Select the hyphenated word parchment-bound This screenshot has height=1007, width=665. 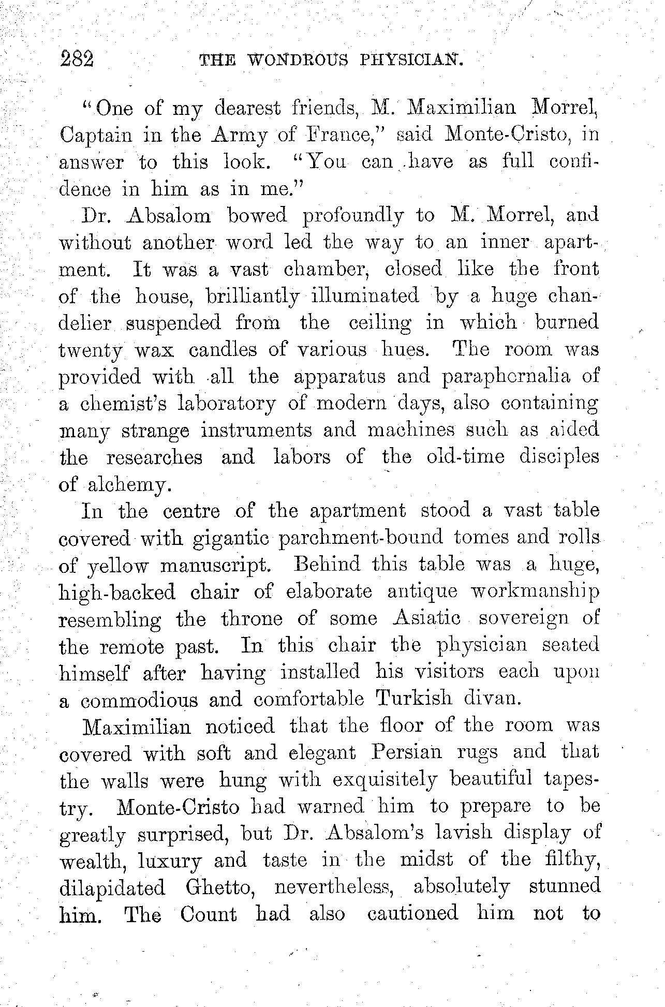[x=361, y=538]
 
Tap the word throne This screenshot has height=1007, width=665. [x=252, y=619]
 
